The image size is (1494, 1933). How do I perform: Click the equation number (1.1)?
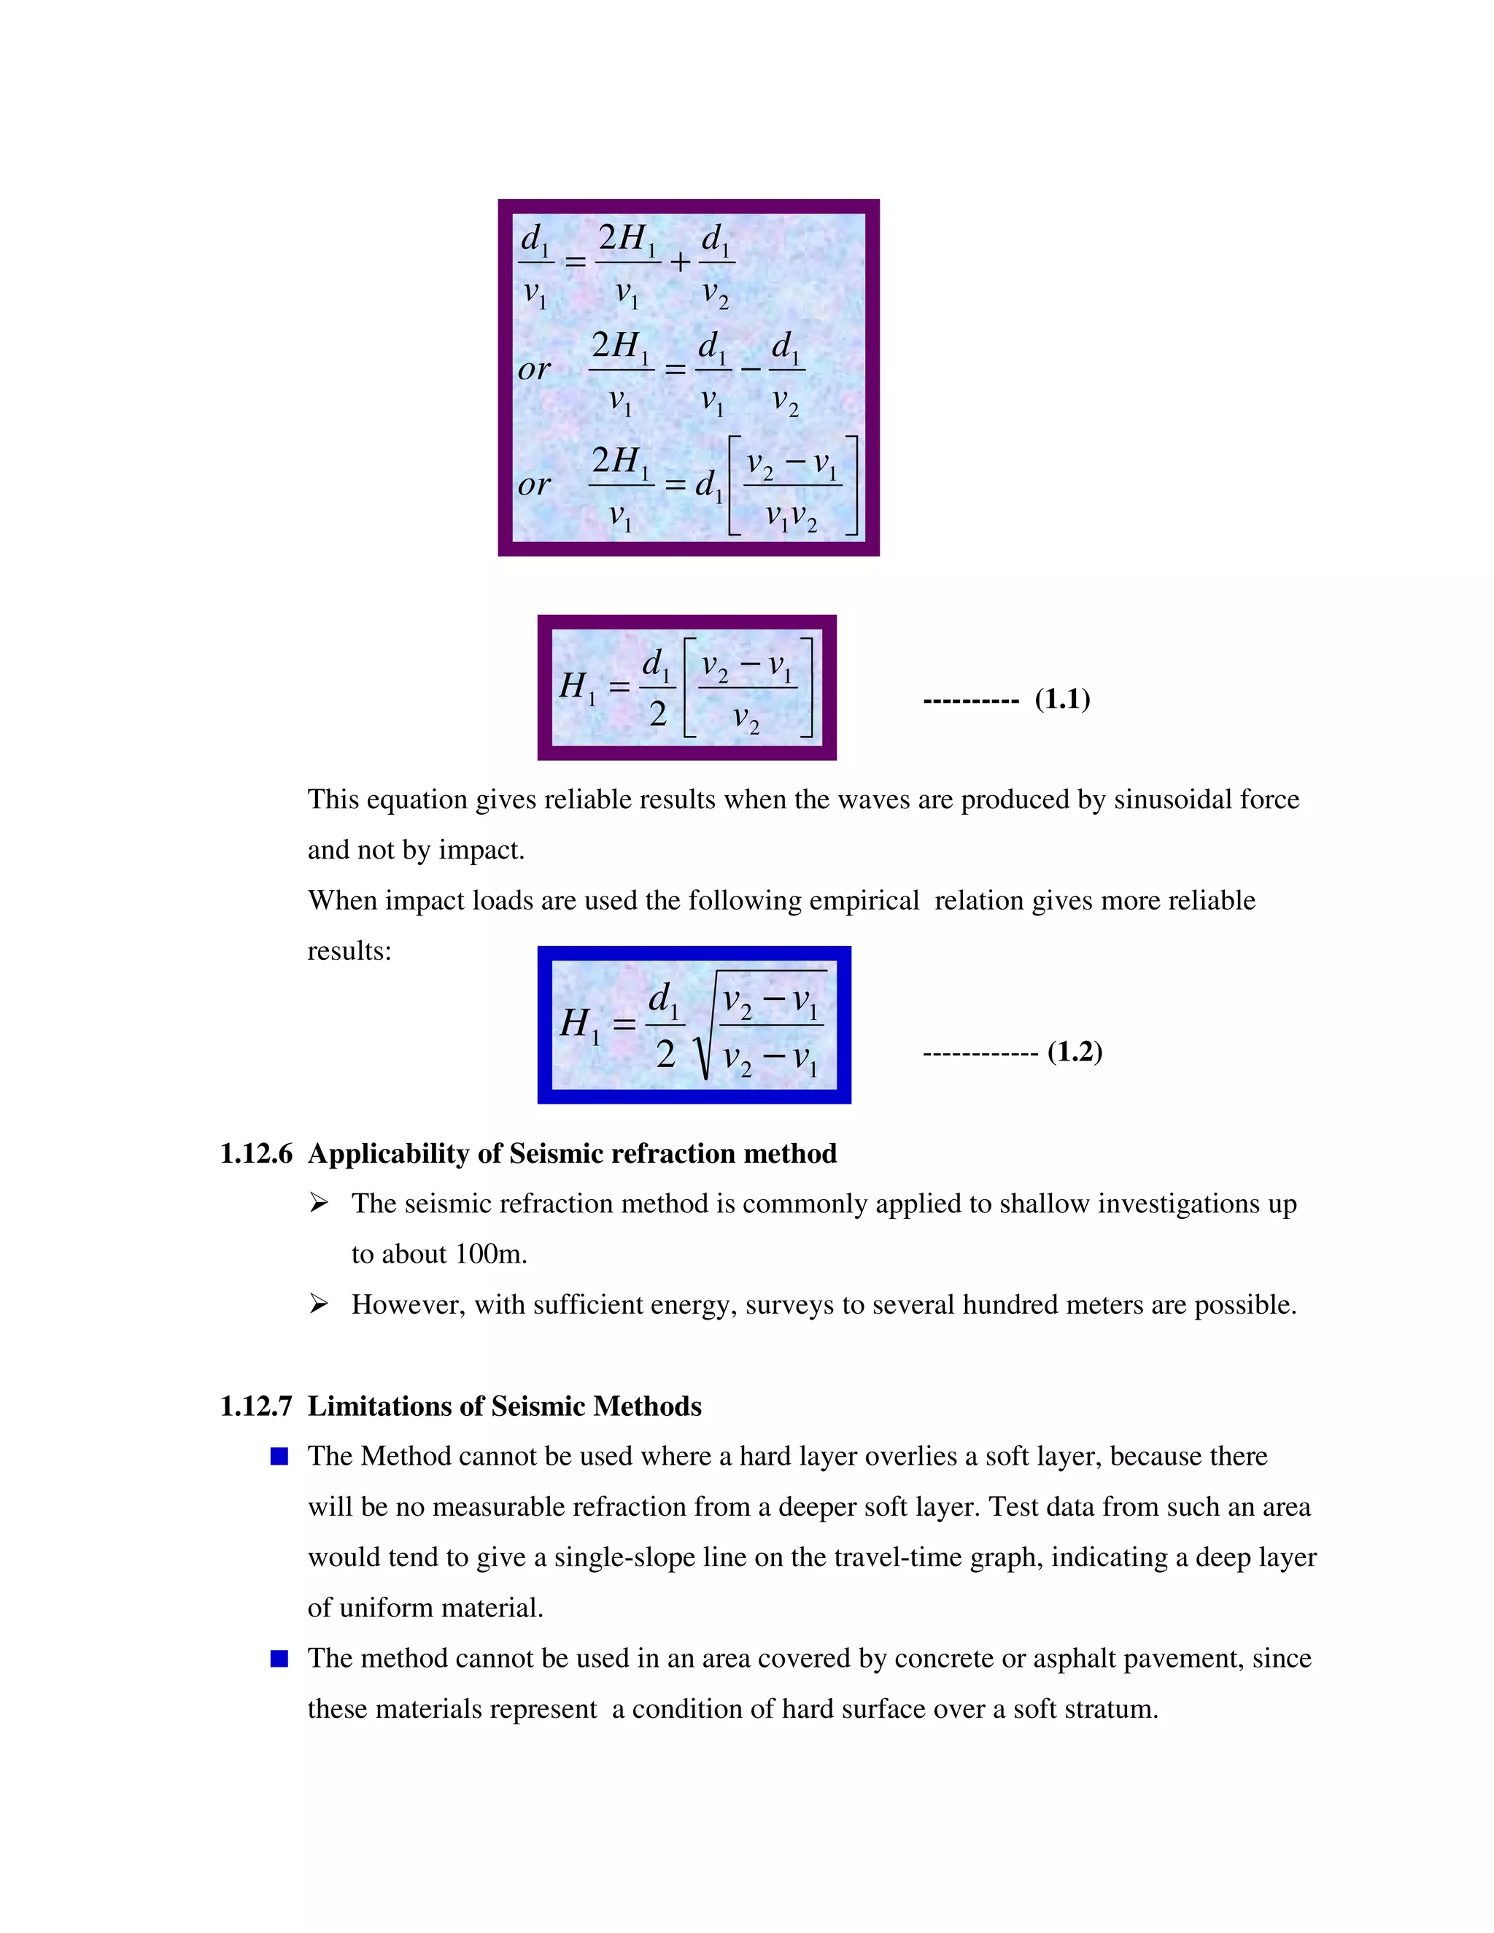[1062, 700]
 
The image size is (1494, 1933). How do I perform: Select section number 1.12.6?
[256, 1153]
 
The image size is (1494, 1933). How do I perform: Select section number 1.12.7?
[256, 1406]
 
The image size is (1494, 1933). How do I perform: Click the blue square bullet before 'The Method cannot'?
[279, 1457]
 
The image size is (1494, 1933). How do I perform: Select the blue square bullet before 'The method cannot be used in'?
[279, 1659]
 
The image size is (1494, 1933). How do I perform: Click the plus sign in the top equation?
[679, 262]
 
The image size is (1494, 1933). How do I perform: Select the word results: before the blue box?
[349, 951]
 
